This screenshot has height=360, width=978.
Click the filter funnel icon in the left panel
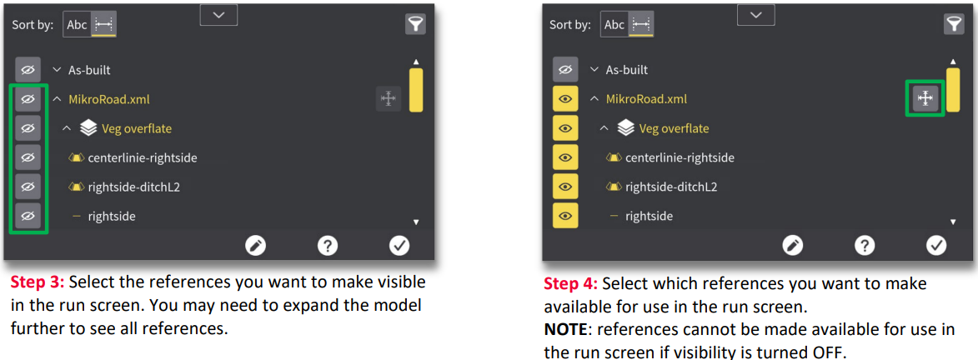pos(414,24)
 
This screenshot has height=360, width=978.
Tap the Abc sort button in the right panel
pos(614,24)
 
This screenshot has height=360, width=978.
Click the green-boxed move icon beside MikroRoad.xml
pos(925,98)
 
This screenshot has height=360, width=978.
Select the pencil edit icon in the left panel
pos(255,246)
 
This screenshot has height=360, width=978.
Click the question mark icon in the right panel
pos(864,246)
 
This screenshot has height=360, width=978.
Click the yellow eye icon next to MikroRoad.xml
pos(565,98)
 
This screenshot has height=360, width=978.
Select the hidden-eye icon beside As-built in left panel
pos(28,69)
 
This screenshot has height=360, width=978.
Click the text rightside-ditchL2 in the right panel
pos(670,187)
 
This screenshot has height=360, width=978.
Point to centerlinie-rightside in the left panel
pos(143,157)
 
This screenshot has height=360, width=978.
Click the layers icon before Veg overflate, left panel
pos(88,128)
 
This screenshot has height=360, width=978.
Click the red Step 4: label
pos(570,284)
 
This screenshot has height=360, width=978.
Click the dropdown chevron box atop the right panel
pos(756,14)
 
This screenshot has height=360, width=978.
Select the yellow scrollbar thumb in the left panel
pos(416,90)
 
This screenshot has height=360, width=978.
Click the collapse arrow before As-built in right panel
pos(594,70)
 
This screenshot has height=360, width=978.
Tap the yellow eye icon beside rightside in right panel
pos(565,216)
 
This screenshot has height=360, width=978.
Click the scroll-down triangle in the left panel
pos(416,222)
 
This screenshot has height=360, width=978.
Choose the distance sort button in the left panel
pos(103,24)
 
